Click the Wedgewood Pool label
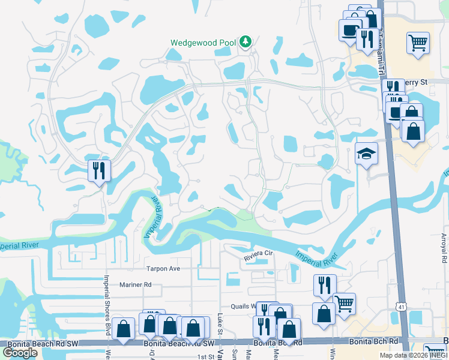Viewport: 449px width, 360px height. [203, 43]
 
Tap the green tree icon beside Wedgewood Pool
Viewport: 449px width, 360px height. [245, 41]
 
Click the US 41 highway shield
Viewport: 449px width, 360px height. [400, 306]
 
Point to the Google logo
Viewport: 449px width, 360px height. [20, 353]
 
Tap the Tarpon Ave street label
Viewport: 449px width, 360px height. [163, 268]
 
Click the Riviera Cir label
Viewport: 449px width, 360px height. [258, 257]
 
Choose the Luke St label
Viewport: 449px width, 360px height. [220, 323]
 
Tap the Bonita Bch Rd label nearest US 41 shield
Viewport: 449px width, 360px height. [377, 341]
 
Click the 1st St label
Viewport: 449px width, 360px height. [206, 356]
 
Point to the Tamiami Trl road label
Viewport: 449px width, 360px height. [379, 57]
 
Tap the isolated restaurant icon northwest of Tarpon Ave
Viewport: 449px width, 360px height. [99, 172]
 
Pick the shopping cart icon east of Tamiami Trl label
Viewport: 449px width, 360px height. [417, 43]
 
